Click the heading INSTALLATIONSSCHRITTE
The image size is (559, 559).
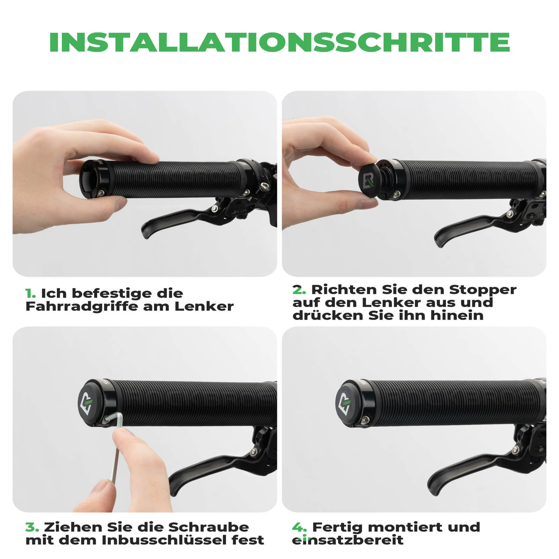point(279,43)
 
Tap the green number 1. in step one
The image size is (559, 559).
point(30,293)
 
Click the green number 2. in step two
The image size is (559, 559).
point(299,290)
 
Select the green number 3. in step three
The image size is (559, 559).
point(32,527)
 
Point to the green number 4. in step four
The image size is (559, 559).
point(299,527)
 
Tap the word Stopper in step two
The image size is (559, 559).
point(482,290)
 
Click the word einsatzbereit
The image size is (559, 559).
point(348,540)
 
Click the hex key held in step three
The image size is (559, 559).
point(116,451)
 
